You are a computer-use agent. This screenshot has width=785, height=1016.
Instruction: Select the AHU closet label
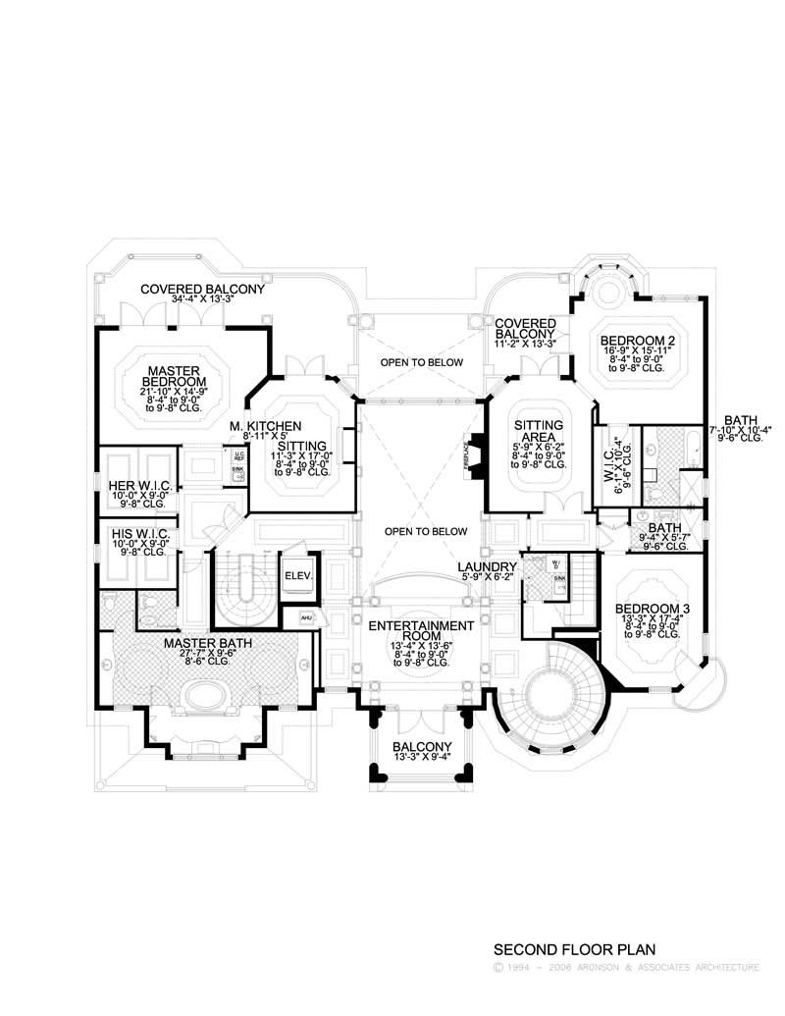[304, 616]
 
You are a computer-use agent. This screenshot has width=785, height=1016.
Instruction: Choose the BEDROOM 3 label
[652, 610]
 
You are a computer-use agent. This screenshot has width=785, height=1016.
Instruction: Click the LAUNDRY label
[487, 567]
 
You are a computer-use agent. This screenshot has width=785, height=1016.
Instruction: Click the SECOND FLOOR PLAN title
[574, 949]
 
